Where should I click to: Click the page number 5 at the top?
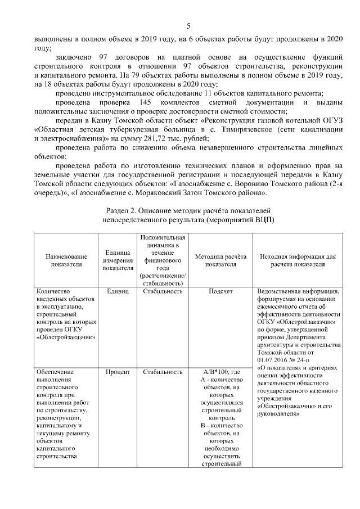(x=189, y=25)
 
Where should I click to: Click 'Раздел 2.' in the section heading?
(x=120, y=210)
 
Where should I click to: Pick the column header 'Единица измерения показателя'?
(x=118, y=259)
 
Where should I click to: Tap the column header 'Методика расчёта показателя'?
(x=220, y=259)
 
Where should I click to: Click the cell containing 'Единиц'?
(x=118, y=291)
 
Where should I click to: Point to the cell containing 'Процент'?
(x=118, y=372)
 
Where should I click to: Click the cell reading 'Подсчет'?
(x=220, y=291)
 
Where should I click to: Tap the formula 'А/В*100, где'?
(x=220, y=372)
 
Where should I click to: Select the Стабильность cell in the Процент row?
(x=163, y=372)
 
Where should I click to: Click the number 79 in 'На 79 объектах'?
(x=134, y=75)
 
